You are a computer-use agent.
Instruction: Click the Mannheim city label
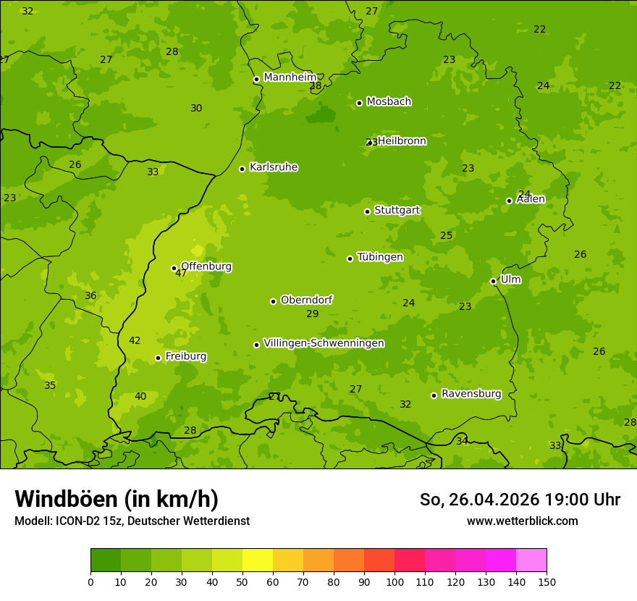290,77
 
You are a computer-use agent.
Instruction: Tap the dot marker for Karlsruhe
242,169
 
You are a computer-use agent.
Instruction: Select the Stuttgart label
397,210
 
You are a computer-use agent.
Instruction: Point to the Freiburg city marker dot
158,358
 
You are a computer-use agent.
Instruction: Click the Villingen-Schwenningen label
324,343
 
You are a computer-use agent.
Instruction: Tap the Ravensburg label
471,394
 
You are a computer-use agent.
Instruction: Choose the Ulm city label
510,280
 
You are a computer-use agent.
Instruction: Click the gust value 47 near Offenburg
181,274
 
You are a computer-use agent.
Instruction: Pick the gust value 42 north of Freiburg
135,341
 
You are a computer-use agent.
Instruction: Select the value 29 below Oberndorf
312,314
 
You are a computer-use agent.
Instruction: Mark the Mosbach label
389,101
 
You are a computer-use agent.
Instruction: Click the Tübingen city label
380,257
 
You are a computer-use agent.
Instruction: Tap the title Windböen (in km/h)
117,499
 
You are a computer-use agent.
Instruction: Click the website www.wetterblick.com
522,521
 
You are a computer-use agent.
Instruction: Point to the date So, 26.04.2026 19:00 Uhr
520,500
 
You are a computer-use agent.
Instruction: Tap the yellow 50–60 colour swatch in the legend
258,560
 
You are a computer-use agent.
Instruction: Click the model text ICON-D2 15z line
132,521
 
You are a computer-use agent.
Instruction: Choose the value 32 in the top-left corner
28,12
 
